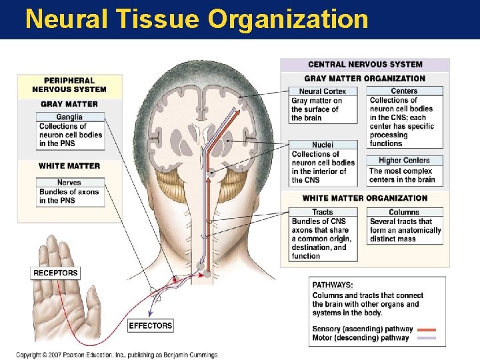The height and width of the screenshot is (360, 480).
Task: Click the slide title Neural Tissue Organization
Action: [x=197, y=19]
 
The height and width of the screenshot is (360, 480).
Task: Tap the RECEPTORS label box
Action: [x=55, y=273]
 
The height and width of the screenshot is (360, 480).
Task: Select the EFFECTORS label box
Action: [x=150, y=325]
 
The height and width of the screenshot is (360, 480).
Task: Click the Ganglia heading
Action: [x=70, y=117]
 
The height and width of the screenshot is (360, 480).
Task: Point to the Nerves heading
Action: [x=69, y=182]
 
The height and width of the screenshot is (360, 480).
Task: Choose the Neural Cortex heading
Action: [x=323, y=91]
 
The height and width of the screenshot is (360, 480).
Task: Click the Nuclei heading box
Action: [x=323, y=145]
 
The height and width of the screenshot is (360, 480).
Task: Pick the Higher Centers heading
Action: [x=405, y=160]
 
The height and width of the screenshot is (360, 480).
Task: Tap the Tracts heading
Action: [x=323, y=212]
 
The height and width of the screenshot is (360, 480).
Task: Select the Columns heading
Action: [x=404, y=212]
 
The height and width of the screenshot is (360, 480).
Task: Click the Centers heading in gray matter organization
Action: [x=404, y=91]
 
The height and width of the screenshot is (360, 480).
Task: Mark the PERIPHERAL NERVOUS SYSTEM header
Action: [x=69, y=85]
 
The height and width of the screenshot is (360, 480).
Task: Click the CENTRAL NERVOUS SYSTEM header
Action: [x=365, y=65]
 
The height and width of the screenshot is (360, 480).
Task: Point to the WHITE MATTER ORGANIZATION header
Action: [x=365, y=198]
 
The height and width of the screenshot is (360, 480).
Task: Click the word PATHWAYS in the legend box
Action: [x=333, y=285]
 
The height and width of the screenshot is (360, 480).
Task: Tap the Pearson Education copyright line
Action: [x=117, y=355]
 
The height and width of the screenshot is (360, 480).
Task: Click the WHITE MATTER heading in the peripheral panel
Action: [x=69, y=165]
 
